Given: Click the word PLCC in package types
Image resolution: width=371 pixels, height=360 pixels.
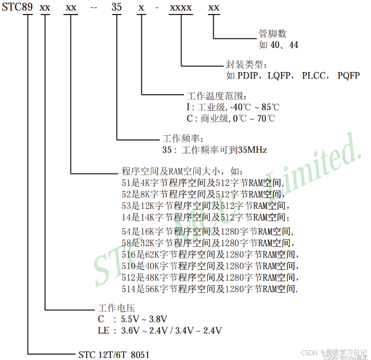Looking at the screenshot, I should (314, 75).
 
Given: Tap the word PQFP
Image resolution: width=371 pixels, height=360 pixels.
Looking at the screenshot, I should (348, 75).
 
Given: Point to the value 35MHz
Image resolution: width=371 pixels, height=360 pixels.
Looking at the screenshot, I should (252, 150).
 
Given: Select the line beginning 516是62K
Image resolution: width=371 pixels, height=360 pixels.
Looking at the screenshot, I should (209, 255).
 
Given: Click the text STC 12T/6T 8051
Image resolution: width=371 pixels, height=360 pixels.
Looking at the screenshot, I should (114, 355).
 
